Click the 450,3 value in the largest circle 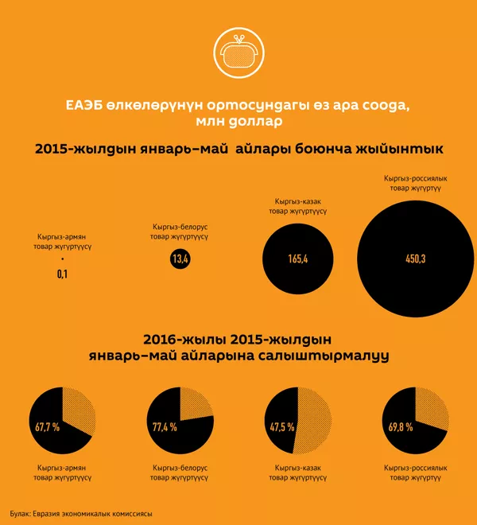point(416,259)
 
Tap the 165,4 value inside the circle point(299,259)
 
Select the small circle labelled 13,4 point(180,259)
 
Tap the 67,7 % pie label point(48,427)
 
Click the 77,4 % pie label point(165,427)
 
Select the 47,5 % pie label point(282,427)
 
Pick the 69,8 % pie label point(399,427)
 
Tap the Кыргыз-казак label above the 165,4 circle point(299,207)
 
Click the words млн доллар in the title point(238,121)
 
